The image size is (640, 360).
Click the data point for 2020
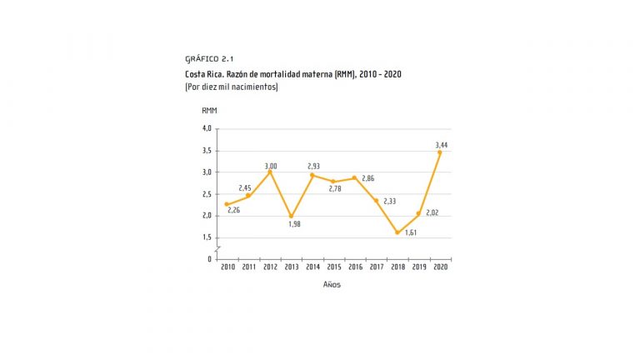click(x=440, y=152)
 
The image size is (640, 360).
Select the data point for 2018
click(x=397, y=232)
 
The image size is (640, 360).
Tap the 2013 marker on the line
click(x=291, y=216)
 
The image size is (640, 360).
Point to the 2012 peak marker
click(x=270, y=172)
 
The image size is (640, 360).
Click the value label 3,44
click(x=441, y=145)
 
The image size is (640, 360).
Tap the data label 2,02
click(x=432, y=212)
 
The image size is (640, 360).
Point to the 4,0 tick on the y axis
click(x=207, y=128)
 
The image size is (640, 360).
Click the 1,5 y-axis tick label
click(x=207, y=237)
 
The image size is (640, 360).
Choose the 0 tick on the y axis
click(x=210, y=258)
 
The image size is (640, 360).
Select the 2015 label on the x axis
click(x=333, y=267)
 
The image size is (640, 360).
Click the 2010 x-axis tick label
click(x=227, y=267)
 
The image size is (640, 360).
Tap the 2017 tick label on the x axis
click(x=376, y=267)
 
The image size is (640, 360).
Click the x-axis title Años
click(x=332, y=284)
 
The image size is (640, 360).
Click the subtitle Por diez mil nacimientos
click(x=231, y=87)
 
